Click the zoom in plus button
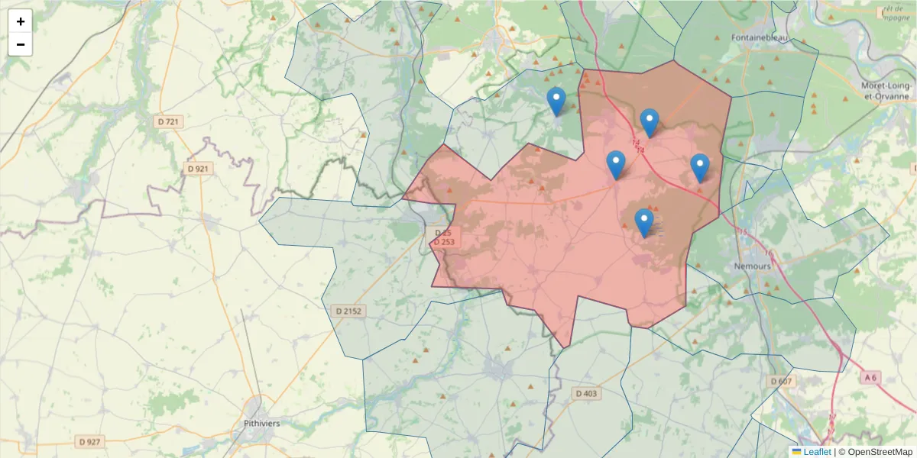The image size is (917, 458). (21, 21)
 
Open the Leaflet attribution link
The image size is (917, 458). (816, 452)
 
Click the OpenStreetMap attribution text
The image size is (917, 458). (880, 452)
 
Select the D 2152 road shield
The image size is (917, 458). (348, 311)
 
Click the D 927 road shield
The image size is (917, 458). (89, 441)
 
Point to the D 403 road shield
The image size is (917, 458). (585, 393)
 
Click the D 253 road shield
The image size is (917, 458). (444, 242)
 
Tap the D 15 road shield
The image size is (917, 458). (442, 232)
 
